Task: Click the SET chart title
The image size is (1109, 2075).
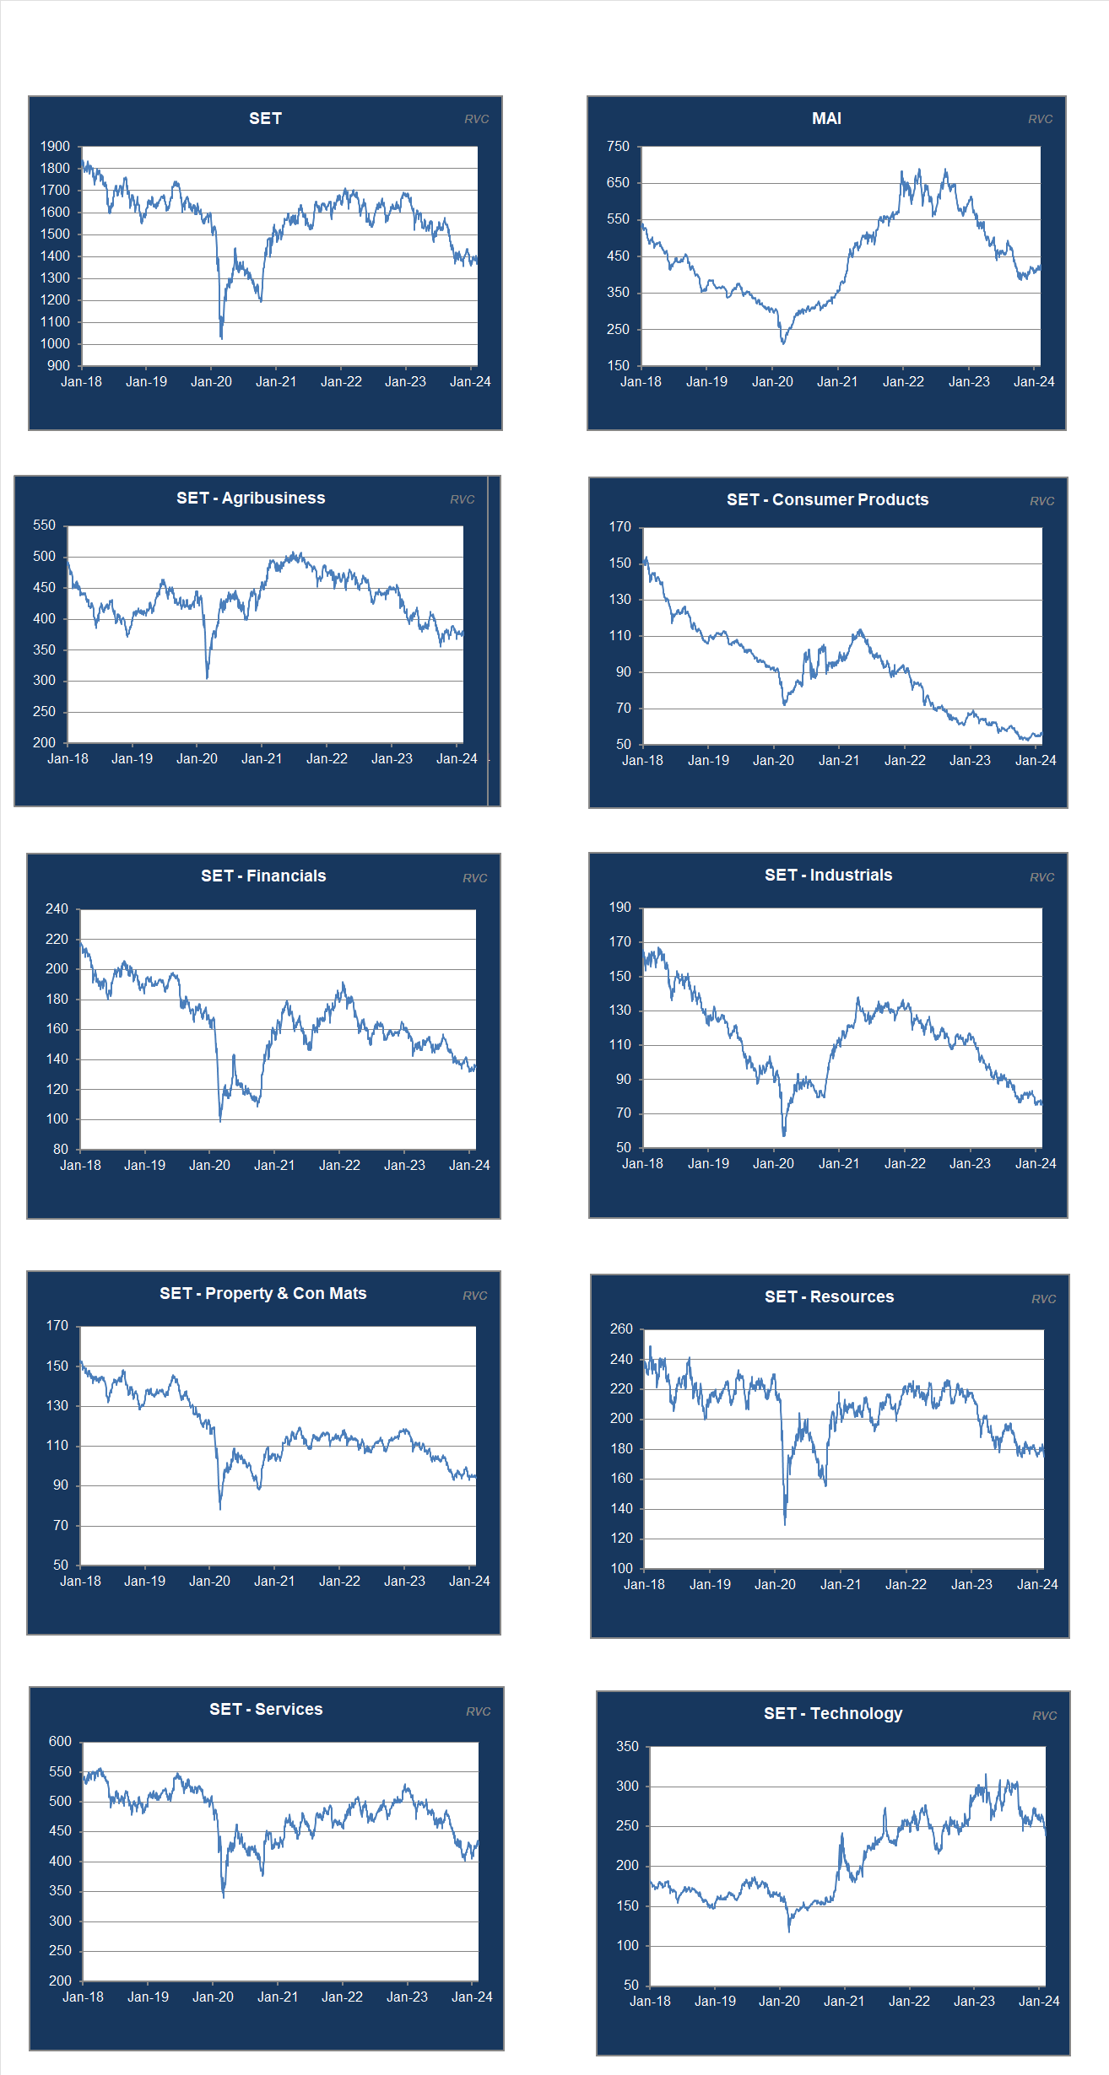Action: tap(265, 119)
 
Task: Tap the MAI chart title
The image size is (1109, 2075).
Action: tap(826, 119)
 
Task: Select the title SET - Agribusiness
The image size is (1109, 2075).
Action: tap(251, 499)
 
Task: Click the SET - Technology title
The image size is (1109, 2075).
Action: tap(833, 1713)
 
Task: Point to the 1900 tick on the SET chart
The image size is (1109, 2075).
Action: tap(55, 147)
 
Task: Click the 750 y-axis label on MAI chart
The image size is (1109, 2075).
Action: tap(618, 147)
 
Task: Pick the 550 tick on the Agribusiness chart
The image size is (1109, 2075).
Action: tap(44, 525)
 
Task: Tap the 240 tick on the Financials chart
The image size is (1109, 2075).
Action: tap(57, 909)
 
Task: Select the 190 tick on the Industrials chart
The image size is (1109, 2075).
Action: tap(619, 908)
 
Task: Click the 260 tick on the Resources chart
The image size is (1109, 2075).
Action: tap(621, 1329)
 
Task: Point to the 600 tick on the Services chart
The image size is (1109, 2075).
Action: tap(60, 1742)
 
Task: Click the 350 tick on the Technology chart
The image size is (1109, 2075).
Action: tap(627, 1747)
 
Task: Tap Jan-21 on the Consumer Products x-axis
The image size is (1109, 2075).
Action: tap(839, 761)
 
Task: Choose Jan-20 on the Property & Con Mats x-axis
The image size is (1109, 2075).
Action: tap(209, 1582)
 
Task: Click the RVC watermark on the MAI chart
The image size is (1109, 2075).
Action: tap(1040, 120)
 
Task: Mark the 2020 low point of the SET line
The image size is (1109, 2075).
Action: tap(221, 338)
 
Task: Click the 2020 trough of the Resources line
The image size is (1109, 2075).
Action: tap(785, 1523)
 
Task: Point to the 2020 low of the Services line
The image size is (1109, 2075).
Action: tap(224, 1897)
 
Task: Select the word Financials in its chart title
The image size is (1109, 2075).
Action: tap(286, 876)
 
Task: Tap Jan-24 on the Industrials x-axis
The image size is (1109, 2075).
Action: tap(1036, 1164)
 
